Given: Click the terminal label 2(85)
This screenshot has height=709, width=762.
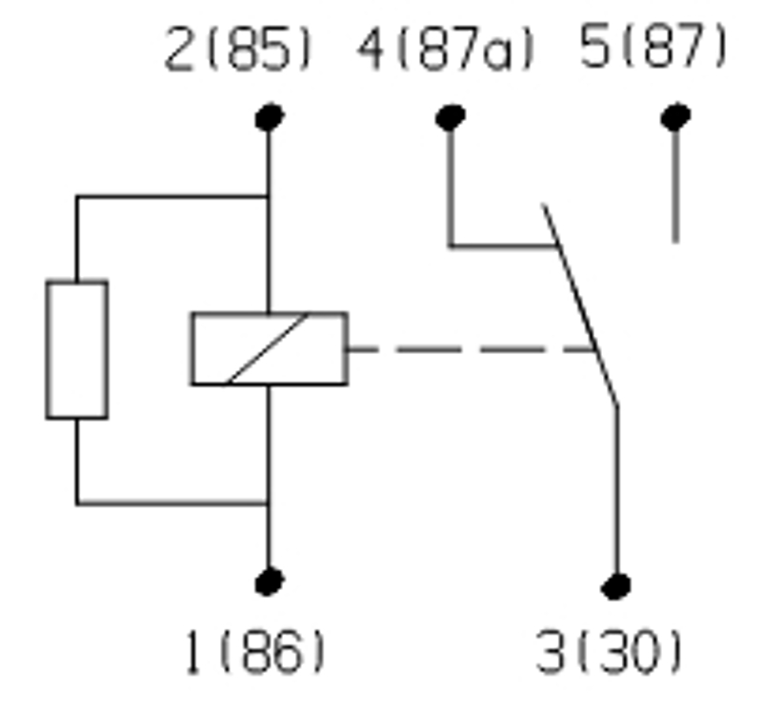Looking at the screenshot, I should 238,49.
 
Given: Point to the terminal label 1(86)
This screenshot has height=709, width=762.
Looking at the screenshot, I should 254,652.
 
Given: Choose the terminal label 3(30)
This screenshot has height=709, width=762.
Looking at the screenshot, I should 610,654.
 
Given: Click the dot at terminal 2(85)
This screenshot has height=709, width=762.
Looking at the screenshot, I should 270,117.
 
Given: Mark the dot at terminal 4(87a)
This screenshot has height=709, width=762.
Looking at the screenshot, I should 450,117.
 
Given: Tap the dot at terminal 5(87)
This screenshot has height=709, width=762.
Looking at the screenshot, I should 675,117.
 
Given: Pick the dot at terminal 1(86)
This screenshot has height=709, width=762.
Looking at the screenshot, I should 270,580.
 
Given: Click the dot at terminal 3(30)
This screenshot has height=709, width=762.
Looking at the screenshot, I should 616,585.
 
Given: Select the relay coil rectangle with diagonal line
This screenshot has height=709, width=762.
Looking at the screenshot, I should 269,349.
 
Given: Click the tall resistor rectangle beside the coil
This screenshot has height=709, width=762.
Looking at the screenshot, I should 76,349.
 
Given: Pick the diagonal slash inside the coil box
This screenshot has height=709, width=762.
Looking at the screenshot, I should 268,349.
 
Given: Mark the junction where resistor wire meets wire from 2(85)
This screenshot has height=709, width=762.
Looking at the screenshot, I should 269,197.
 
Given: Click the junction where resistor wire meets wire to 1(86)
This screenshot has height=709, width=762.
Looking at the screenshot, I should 269,502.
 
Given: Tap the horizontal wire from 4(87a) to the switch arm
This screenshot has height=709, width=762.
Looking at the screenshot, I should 500,246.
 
